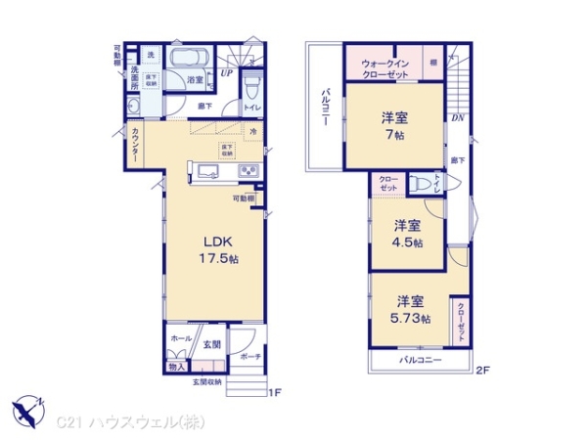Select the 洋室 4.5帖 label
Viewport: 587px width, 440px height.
coord(409,233)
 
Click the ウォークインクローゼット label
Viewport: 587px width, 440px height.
coord(383,66)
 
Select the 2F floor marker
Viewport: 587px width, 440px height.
coord(483,372)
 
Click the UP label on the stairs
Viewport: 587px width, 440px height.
coord(226,72)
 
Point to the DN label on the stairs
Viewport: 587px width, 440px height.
coord(457,118)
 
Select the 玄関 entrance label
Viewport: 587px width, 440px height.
coord(213,344)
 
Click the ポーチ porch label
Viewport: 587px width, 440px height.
coord(248,357)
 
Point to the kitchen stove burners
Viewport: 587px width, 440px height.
coord(247,173)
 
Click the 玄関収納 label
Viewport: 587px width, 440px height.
coord(207,382)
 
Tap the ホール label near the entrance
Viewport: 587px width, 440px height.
coord(181,338)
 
